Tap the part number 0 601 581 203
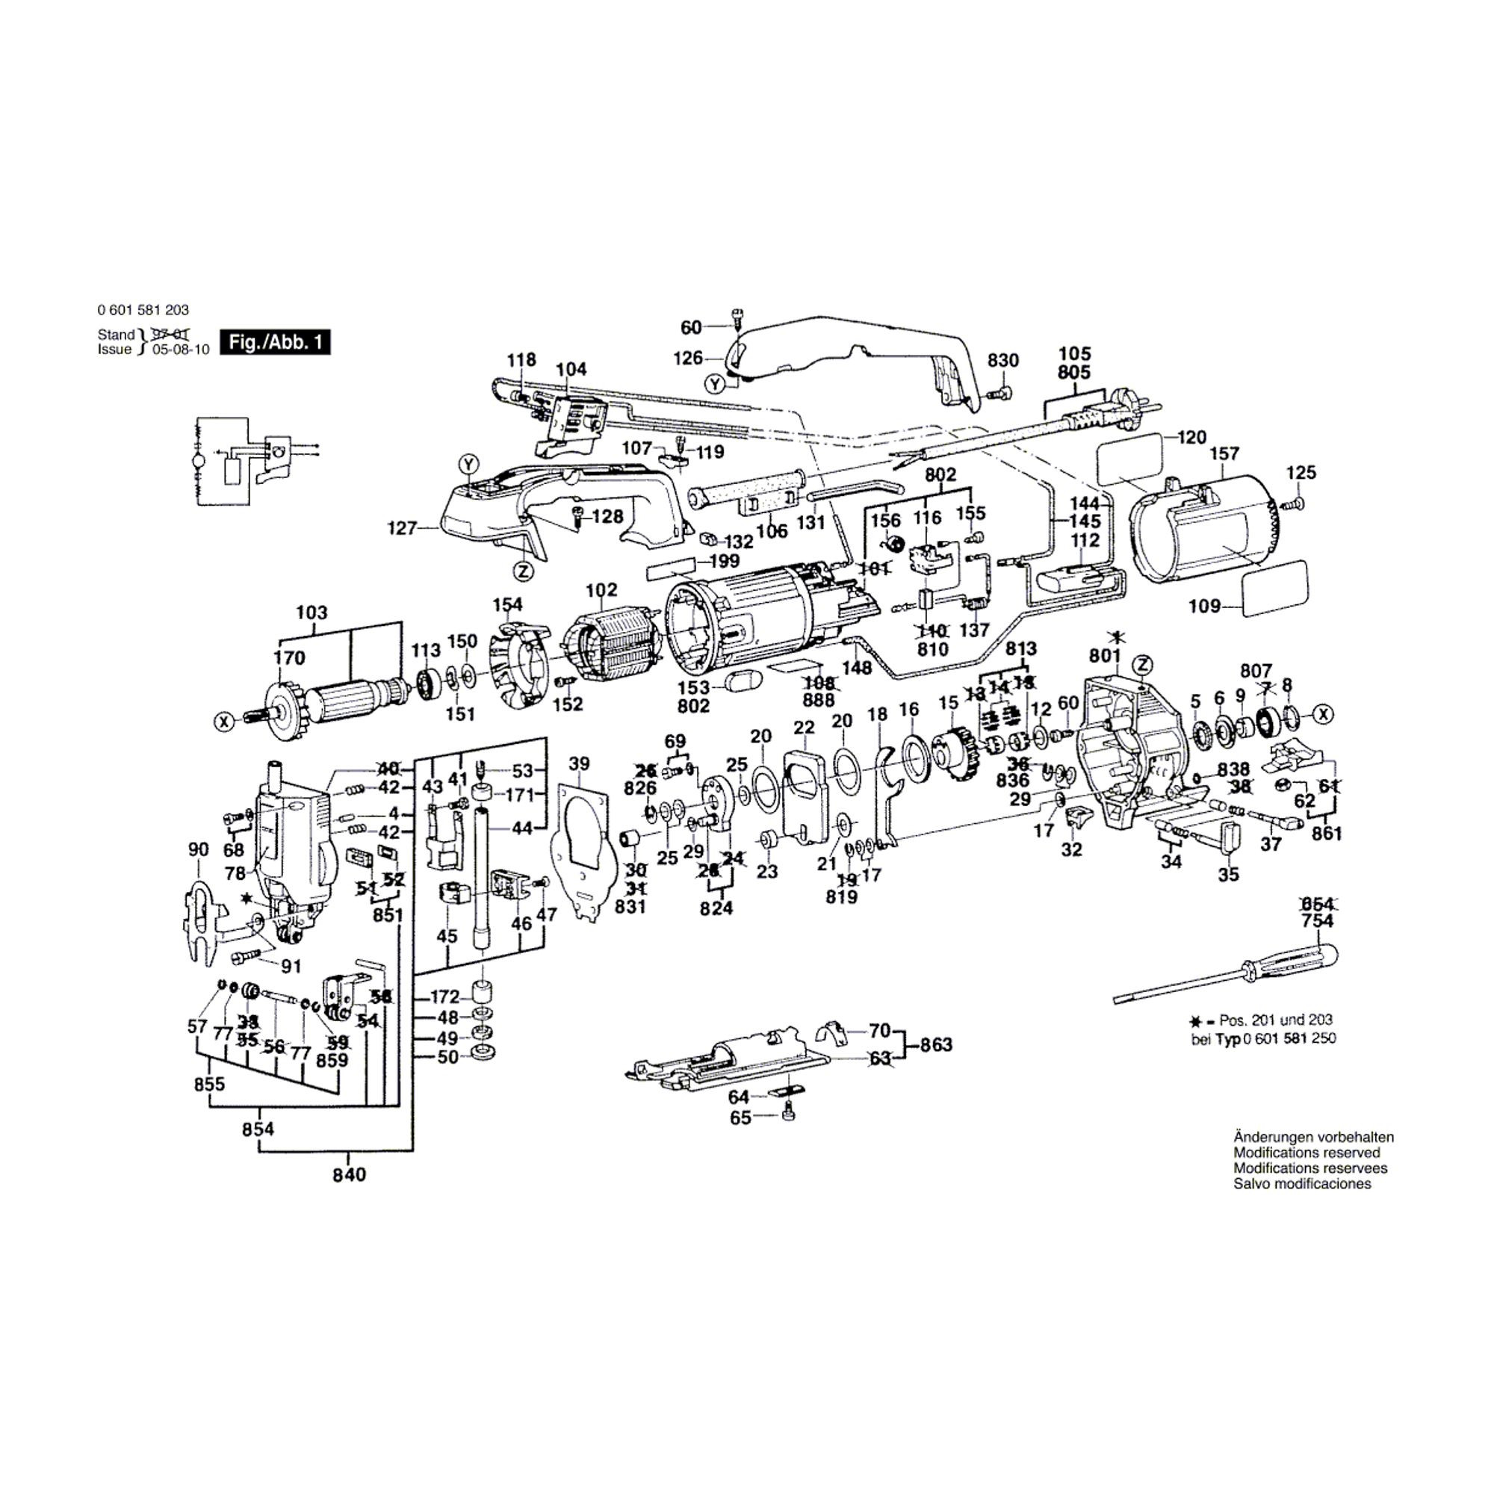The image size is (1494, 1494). point(143,310)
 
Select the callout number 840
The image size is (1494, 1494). point(349,1174)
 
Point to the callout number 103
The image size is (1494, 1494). point(311,613)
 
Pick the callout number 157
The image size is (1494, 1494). point(1224,453)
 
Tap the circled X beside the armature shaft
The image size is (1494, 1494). point(223,722)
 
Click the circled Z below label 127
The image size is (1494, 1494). point(524,571)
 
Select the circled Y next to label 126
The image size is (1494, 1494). point(715,383)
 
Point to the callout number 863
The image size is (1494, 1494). point(936,1045)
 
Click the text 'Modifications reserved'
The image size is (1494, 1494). point(1307,1153)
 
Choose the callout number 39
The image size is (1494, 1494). point(578,764)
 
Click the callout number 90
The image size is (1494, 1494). point(198,849)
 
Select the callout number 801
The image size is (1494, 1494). point(1104,656)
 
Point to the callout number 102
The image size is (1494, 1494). point(601,591)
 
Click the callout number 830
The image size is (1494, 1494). point(1004,360)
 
